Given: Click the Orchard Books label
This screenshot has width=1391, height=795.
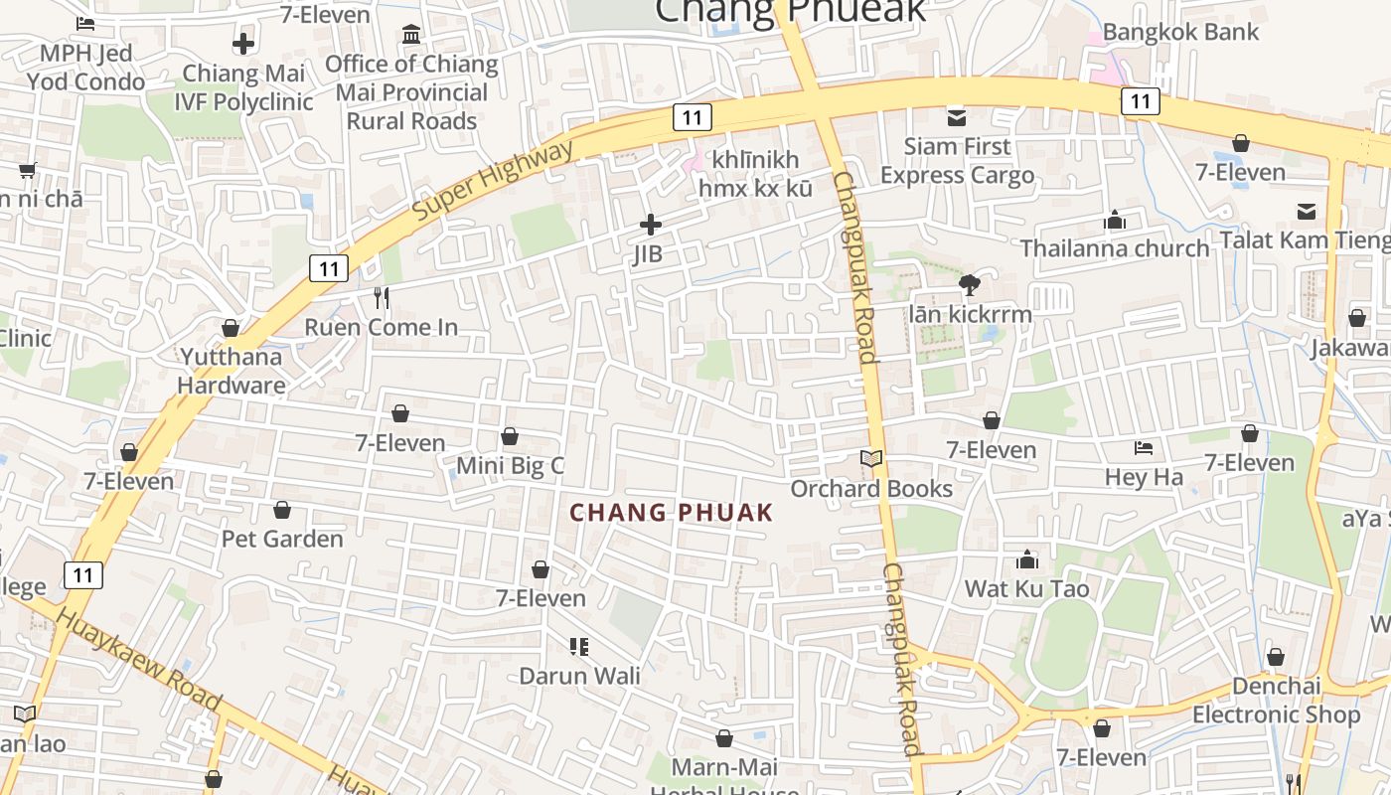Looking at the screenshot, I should pos(871,489).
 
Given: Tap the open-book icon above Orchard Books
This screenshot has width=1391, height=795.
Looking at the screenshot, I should pos(871,458).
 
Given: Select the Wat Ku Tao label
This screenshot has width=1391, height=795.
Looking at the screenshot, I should pos(1026,588).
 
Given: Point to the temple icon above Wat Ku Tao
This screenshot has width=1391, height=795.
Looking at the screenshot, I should pos(1027,559).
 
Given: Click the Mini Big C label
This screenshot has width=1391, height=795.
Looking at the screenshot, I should pos(510,465).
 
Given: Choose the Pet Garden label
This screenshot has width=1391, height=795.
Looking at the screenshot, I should pos(282,539).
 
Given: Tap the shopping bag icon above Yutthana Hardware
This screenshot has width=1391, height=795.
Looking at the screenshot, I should pos(231,328).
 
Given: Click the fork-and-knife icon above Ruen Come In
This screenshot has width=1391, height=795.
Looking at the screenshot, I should pos(381,297).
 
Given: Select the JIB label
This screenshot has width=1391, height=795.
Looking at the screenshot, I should pos(648,254).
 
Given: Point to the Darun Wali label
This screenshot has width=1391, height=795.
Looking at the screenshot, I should pos(580,676).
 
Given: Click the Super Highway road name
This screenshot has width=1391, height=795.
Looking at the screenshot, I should pos(494,181).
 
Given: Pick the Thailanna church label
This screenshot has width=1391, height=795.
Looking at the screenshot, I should pos(1115,247).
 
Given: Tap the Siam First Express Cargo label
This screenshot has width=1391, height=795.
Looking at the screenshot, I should pos(957,161).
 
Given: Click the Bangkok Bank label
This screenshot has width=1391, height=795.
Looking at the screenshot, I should pos(1180,32).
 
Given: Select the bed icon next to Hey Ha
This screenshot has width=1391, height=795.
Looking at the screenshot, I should pos(1144,448).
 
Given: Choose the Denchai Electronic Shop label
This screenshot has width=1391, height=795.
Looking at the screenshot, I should pos(1276,701).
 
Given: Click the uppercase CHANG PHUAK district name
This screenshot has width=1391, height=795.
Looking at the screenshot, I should pos(671,513).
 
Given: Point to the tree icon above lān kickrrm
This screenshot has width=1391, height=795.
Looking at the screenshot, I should pos(970,285).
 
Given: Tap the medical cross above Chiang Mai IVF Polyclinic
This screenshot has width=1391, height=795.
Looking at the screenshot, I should pos(243,44).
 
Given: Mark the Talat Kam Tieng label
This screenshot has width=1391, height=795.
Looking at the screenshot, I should pos(1305,239).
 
